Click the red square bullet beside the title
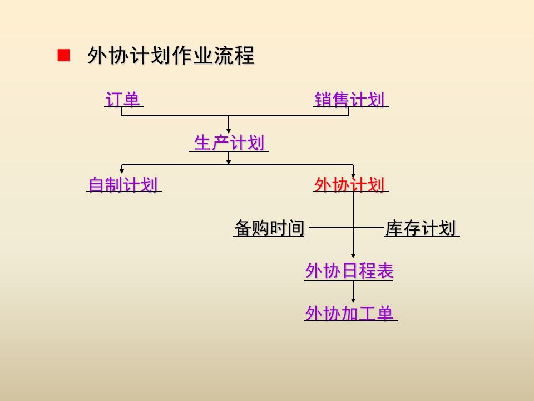pyautogui.click(x=64, y=55)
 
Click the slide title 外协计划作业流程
pyautogui.click(x=170, y=56)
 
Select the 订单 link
pyautogui.click(x=122, y=100)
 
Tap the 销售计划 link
pyautogui.click(x=349, y=100)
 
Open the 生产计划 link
pyautogui.click(x=229, y=144)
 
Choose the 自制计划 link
pyautogui.click(x=123, y=185)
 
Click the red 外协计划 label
pyautogui.click(x=349, y=185)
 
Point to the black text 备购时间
pyautogui.click(x=269, y=228)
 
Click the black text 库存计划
pyautogui.click(x=421, y=228)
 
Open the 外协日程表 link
pyautogui.click(x=349, y=271)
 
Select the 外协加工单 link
pyautogui.click(x=349, y=314)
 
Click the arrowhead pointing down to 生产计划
pyautogui.click(x=229, y=130)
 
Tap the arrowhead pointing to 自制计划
pyautogui.click(x=122, y=170)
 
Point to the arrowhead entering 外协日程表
pyautogui.click(x=353, y=255)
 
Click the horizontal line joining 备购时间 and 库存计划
pyautogui.click(x=345, y=227)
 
